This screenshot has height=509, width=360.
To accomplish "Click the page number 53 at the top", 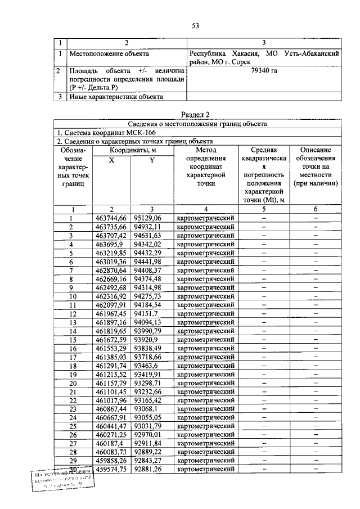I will tap(196, 25).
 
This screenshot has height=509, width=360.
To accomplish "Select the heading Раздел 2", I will tap(196, 115).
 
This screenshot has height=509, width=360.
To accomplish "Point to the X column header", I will tap(111, 160).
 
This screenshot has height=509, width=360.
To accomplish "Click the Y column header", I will tap(151, 160).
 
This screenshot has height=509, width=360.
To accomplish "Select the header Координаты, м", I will tap(133, 150).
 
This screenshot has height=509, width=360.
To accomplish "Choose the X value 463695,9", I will tap(109, 245).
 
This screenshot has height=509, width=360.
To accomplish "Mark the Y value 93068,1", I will tap(146, 408).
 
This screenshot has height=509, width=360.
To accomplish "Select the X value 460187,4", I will tap(109, 443).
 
